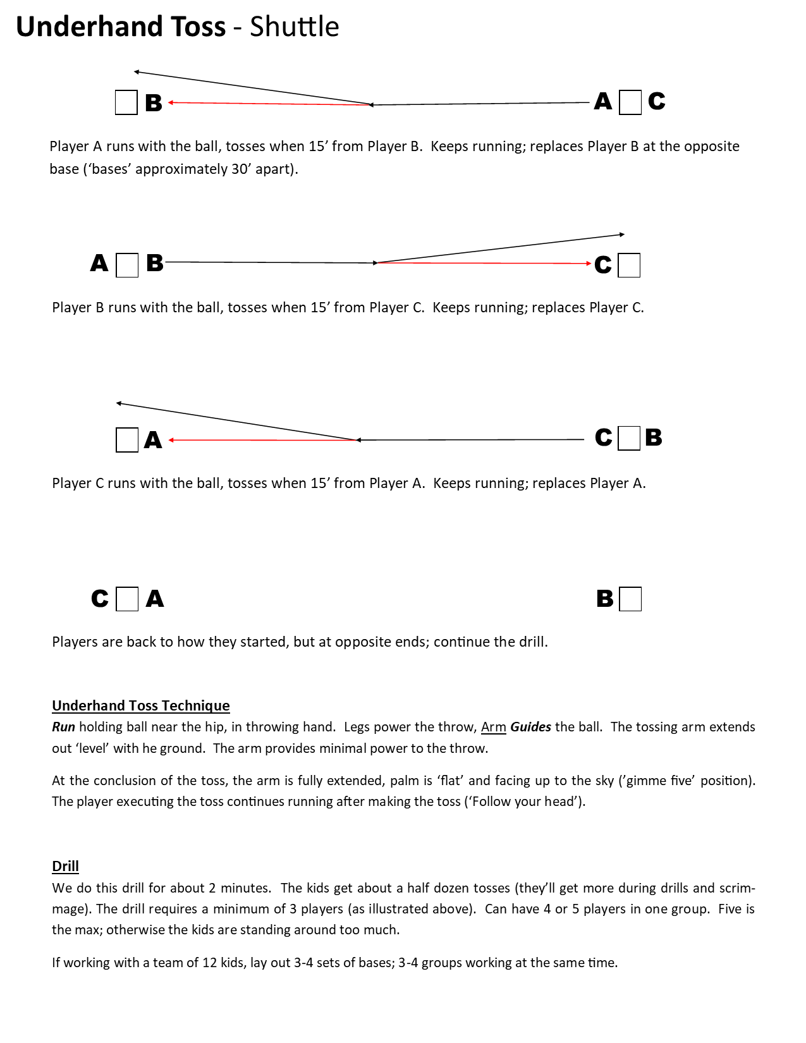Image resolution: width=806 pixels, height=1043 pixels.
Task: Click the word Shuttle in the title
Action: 294,27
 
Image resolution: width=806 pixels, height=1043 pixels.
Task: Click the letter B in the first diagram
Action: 154,103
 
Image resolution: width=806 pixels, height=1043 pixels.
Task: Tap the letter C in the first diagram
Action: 656,101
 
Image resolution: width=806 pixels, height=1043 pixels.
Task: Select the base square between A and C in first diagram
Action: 630,102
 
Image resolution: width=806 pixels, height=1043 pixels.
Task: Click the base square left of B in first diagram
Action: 126,102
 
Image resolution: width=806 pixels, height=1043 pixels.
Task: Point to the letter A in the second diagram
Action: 99,263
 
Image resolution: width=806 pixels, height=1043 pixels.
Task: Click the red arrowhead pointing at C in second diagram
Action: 589,264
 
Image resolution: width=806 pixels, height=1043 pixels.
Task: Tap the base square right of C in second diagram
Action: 629,265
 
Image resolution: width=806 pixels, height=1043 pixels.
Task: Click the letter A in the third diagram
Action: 153,440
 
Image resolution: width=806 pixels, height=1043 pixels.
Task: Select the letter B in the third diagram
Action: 654,437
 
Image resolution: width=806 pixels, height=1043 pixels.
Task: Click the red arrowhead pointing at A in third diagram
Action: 172,440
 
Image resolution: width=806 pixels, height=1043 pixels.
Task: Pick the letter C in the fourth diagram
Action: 100,599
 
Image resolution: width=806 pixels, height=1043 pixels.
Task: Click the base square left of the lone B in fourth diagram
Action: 630,599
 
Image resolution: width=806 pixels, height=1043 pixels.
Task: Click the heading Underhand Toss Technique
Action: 140,705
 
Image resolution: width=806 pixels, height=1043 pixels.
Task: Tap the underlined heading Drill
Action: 65,866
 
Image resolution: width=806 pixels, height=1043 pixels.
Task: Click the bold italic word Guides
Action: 530,727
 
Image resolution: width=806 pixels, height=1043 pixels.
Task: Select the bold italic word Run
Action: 63,727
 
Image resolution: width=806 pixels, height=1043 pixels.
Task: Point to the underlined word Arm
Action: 493,727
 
